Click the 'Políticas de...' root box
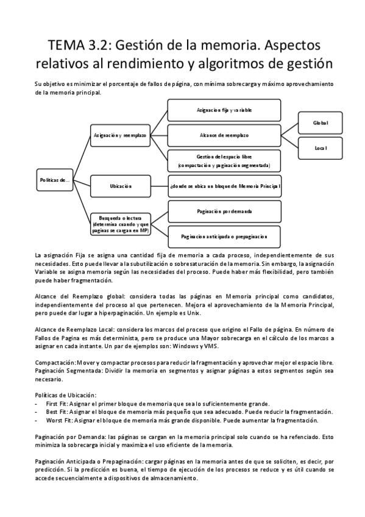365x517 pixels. (55, 180)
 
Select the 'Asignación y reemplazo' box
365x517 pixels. (116, 134)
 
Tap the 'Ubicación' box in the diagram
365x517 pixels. (121, 185)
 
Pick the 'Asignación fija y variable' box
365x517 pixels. (224, 111)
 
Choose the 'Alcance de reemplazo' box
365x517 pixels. (224, 134)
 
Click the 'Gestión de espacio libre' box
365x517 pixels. (224, 161)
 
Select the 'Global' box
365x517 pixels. (321, 123)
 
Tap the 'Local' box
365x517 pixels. (321, 148)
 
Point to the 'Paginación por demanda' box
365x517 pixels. (224, 211)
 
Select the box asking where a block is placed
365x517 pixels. (224, 185)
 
